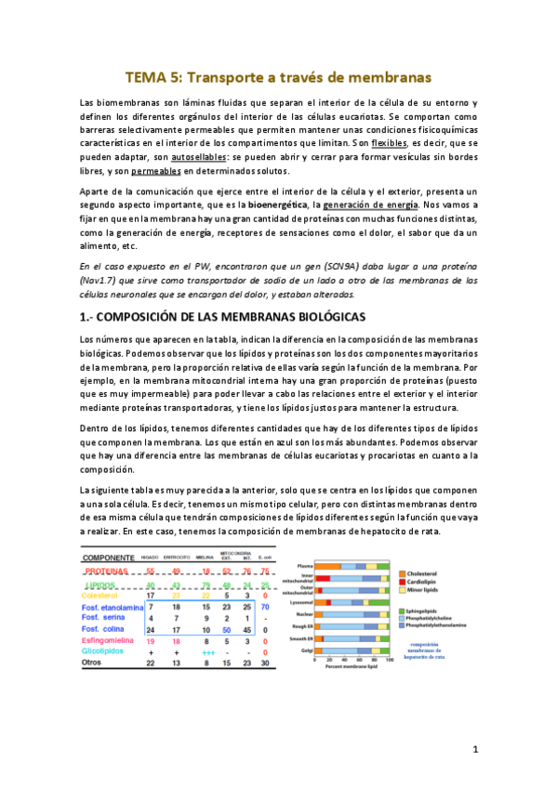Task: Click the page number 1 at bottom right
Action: [474, 748]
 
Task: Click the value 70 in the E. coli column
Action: [266, 606]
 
